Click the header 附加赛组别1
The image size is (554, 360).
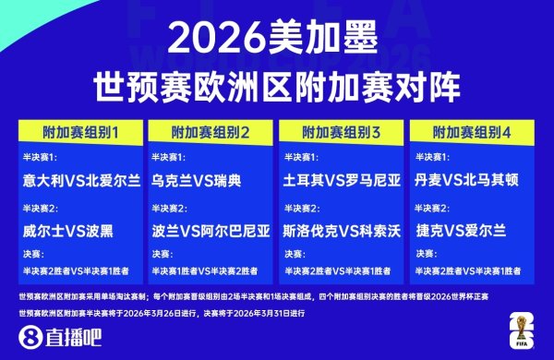click(x=80, y=130)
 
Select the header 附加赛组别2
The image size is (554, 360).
click(x=211, y=130)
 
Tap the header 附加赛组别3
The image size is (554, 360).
click(x=343, y=130)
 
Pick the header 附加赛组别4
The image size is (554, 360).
click(x=474, y=130)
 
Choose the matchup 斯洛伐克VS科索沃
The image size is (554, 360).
click(x=341, y=228)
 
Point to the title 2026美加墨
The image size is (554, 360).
click(x=275, y=39)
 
